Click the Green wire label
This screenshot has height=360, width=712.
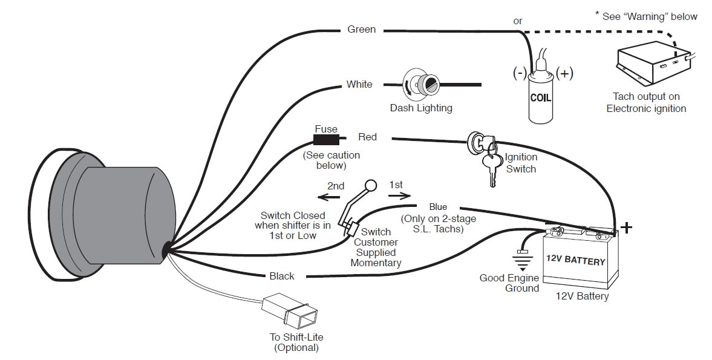pyautogui.click(x=361, y=29)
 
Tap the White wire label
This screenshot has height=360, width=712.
pyautogui.click(x=359, y=84)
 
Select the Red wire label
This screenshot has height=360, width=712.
pyautogui.click(x=367, y=137)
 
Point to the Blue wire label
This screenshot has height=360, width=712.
pyautogui.click(x=438, y=207)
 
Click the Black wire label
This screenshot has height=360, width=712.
pyautogui.click(x=282, y=276)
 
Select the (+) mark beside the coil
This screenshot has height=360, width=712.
pyautogui.click(x=564, y=73)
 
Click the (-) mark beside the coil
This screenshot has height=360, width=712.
pyautogui.click(x=520, y=73)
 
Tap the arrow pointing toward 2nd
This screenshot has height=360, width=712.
pyautogui.click(x=329, y=197)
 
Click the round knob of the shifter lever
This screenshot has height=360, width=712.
pyautogui.click(x=370, y=186)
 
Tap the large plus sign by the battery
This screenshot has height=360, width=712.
pyautogui.click(x=627, y=227)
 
